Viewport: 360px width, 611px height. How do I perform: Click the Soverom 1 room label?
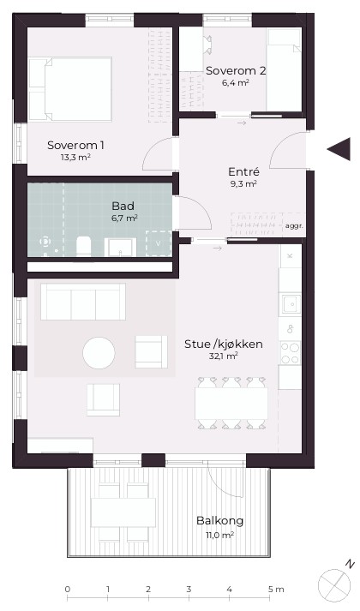tap(75, 146)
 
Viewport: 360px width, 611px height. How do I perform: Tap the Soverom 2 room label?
tap(236, 71)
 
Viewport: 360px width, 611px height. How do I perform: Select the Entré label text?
tap(243, 172)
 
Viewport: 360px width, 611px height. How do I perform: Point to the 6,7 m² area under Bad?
tap(124, 218)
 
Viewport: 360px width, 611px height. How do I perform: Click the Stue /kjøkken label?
tap(223, 344)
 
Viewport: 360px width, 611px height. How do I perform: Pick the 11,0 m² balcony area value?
tap(219, 535)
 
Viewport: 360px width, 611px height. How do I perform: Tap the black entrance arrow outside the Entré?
tap(339, 149)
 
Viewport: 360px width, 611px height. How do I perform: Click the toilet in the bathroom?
tap(83, 246)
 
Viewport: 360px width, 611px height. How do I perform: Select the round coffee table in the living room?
tap(99, 353)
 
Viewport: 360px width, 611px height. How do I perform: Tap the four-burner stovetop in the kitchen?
tap(291, 353)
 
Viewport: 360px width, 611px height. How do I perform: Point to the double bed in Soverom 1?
tap(70, 89)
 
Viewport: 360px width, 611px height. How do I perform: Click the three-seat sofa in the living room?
tap(83, 302)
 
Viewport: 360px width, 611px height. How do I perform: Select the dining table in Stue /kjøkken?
tap(231, 404)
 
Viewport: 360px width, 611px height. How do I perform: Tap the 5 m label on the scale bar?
tap(276, 590)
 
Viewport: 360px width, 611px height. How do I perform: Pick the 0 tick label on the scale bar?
tap(68, 590)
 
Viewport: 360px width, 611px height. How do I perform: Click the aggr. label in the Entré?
tap(294, 225)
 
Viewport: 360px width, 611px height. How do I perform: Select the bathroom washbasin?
tap(120, 247)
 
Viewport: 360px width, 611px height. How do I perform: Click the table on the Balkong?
tap(123, 512)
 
